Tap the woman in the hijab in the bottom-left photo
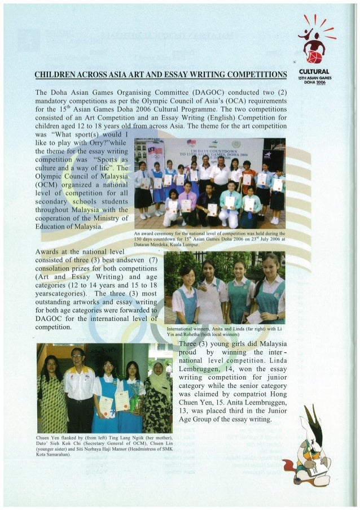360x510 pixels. (160, 395)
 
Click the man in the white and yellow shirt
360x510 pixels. (79, 390)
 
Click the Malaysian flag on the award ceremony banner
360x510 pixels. (153, 150)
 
